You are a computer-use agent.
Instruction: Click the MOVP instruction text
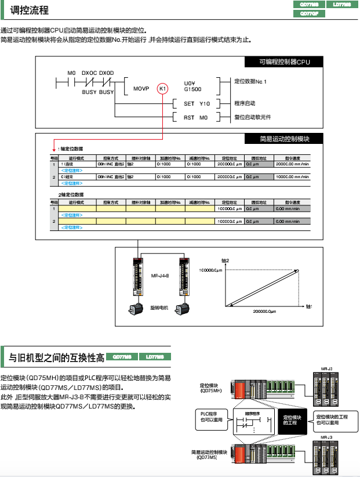(x=141, y=89)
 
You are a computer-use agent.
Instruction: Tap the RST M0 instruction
(x=195, y=117)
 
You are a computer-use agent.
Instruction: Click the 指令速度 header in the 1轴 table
(x=292, y=158)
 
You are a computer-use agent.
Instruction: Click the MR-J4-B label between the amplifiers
(x=159, y=276)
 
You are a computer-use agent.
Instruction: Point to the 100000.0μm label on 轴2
(x=210, y=270)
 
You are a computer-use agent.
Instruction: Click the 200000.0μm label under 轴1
(x=265, y=312)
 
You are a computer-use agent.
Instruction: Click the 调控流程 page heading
(x=30, y=10)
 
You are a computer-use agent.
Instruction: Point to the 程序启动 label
(x=245, y=103)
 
